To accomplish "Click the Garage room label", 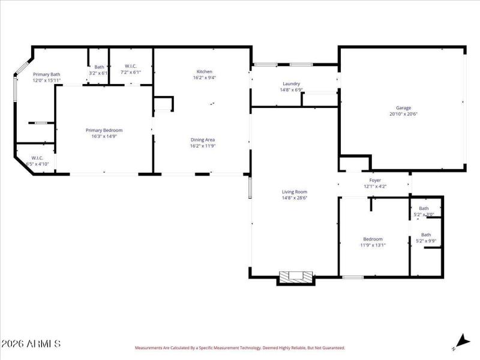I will point(403,108).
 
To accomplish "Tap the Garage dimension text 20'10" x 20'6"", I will point(403,114).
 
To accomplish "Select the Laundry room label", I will point(292,84).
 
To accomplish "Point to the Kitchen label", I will point(205,71).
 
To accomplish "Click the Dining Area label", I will point(202,140).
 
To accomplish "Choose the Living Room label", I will point(295,192).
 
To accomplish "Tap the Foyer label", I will point(375,180).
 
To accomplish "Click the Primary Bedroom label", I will point(104,130).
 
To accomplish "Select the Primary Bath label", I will point(46,74).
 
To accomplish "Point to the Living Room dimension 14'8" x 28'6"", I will point(295,198).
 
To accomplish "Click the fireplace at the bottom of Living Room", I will point(296,277).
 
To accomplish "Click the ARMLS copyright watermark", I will point(31,344).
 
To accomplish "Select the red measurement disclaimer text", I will point(240,348).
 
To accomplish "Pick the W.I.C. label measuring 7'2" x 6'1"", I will point(131,66).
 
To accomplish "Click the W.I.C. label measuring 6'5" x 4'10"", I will point(37,158).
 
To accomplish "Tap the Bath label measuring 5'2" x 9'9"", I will point(426,235).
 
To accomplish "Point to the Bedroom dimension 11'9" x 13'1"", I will point(373,245).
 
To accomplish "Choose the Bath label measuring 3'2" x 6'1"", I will point(99,67).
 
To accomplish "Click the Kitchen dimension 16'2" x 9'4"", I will point(205,77).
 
